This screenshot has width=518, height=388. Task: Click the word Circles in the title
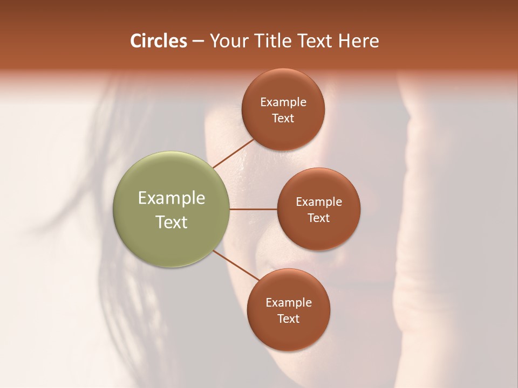tap(159, 41)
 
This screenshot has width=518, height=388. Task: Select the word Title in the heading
tap(270, 41)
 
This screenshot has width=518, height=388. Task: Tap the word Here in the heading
tap(358, 41)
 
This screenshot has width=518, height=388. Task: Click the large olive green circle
tap(172, 178)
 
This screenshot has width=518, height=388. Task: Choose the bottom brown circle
tap(288, 334)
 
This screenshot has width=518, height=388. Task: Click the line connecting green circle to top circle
tap(233, 153)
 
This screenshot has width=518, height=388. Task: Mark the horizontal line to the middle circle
tap(254, 209)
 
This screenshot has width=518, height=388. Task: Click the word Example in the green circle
tap(172, 198)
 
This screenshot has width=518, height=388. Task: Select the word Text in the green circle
tap(172, 222)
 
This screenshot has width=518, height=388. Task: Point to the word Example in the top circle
tap(283, 102)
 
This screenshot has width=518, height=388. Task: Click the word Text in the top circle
tap(283, 119)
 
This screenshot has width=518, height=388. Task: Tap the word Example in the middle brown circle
tap(319, 202)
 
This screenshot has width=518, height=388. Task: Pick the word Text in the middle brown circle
tap(319, 218)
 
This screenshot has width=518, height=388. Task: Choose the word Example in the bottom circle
tap(289, 303)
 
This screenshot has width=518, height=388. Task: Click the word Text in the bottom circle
tap(289, 319)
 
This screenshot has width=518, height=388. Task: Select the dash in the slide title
tap(198, 41)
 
